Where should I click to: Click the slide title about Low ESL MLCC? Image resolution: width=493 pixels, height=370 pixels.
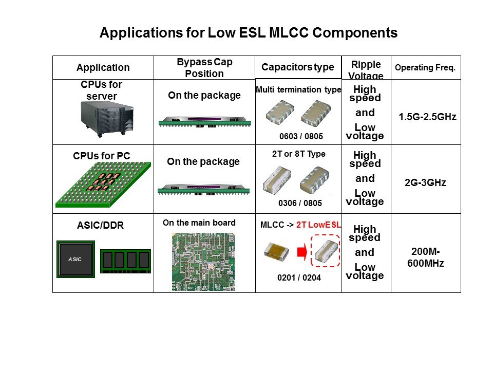pos(248,33)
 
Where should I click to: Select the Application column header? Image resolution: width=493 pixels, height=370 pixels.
pos(103,68)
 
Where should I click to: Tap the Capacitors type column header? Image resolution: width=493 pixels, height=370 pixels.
pos(298,67)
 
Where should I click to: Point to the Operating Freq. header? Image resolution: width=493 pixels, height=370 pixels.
pos(425,68)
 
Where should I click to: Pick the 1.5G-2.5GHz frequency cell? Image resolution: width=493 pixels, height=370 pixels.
pos(427,117)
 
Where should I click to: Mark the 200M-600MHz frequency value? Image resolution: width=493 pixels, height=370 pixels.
pos(426,257)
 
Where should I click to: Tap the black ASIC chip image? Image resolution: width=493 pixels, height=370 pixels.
pos(74,259)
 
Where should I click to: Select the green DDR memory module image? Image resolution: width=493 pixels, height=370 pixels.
pos(125,261)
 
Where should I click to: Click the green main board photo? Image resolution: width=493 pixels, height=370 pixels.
pos(203,261)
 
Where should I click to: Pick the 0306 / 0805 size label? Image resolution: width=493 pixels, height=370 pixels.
pos(300,203)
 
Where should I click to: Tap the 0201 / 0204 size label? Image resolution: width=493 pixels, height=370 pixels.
pos(299,279)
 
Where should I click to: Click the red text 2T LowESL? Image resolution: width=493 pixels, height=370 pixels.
pos(318,225)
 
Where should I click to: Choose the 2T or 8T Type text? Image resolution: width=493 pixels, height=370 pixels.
pos(298,154)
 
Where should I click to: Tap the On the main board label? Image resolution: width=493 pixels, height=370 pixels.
pos(199,223)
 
